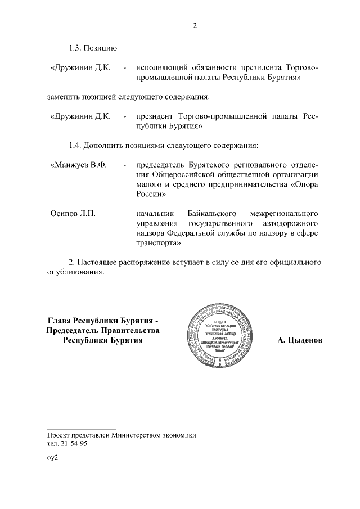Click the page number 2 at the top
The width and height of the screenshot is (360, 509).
[x=194, y=25]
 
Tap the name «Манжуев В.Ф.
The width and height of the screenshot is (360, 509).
[x=78, y=165]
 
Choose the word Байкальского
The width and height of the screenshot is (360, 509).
[x=208, y=214]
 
